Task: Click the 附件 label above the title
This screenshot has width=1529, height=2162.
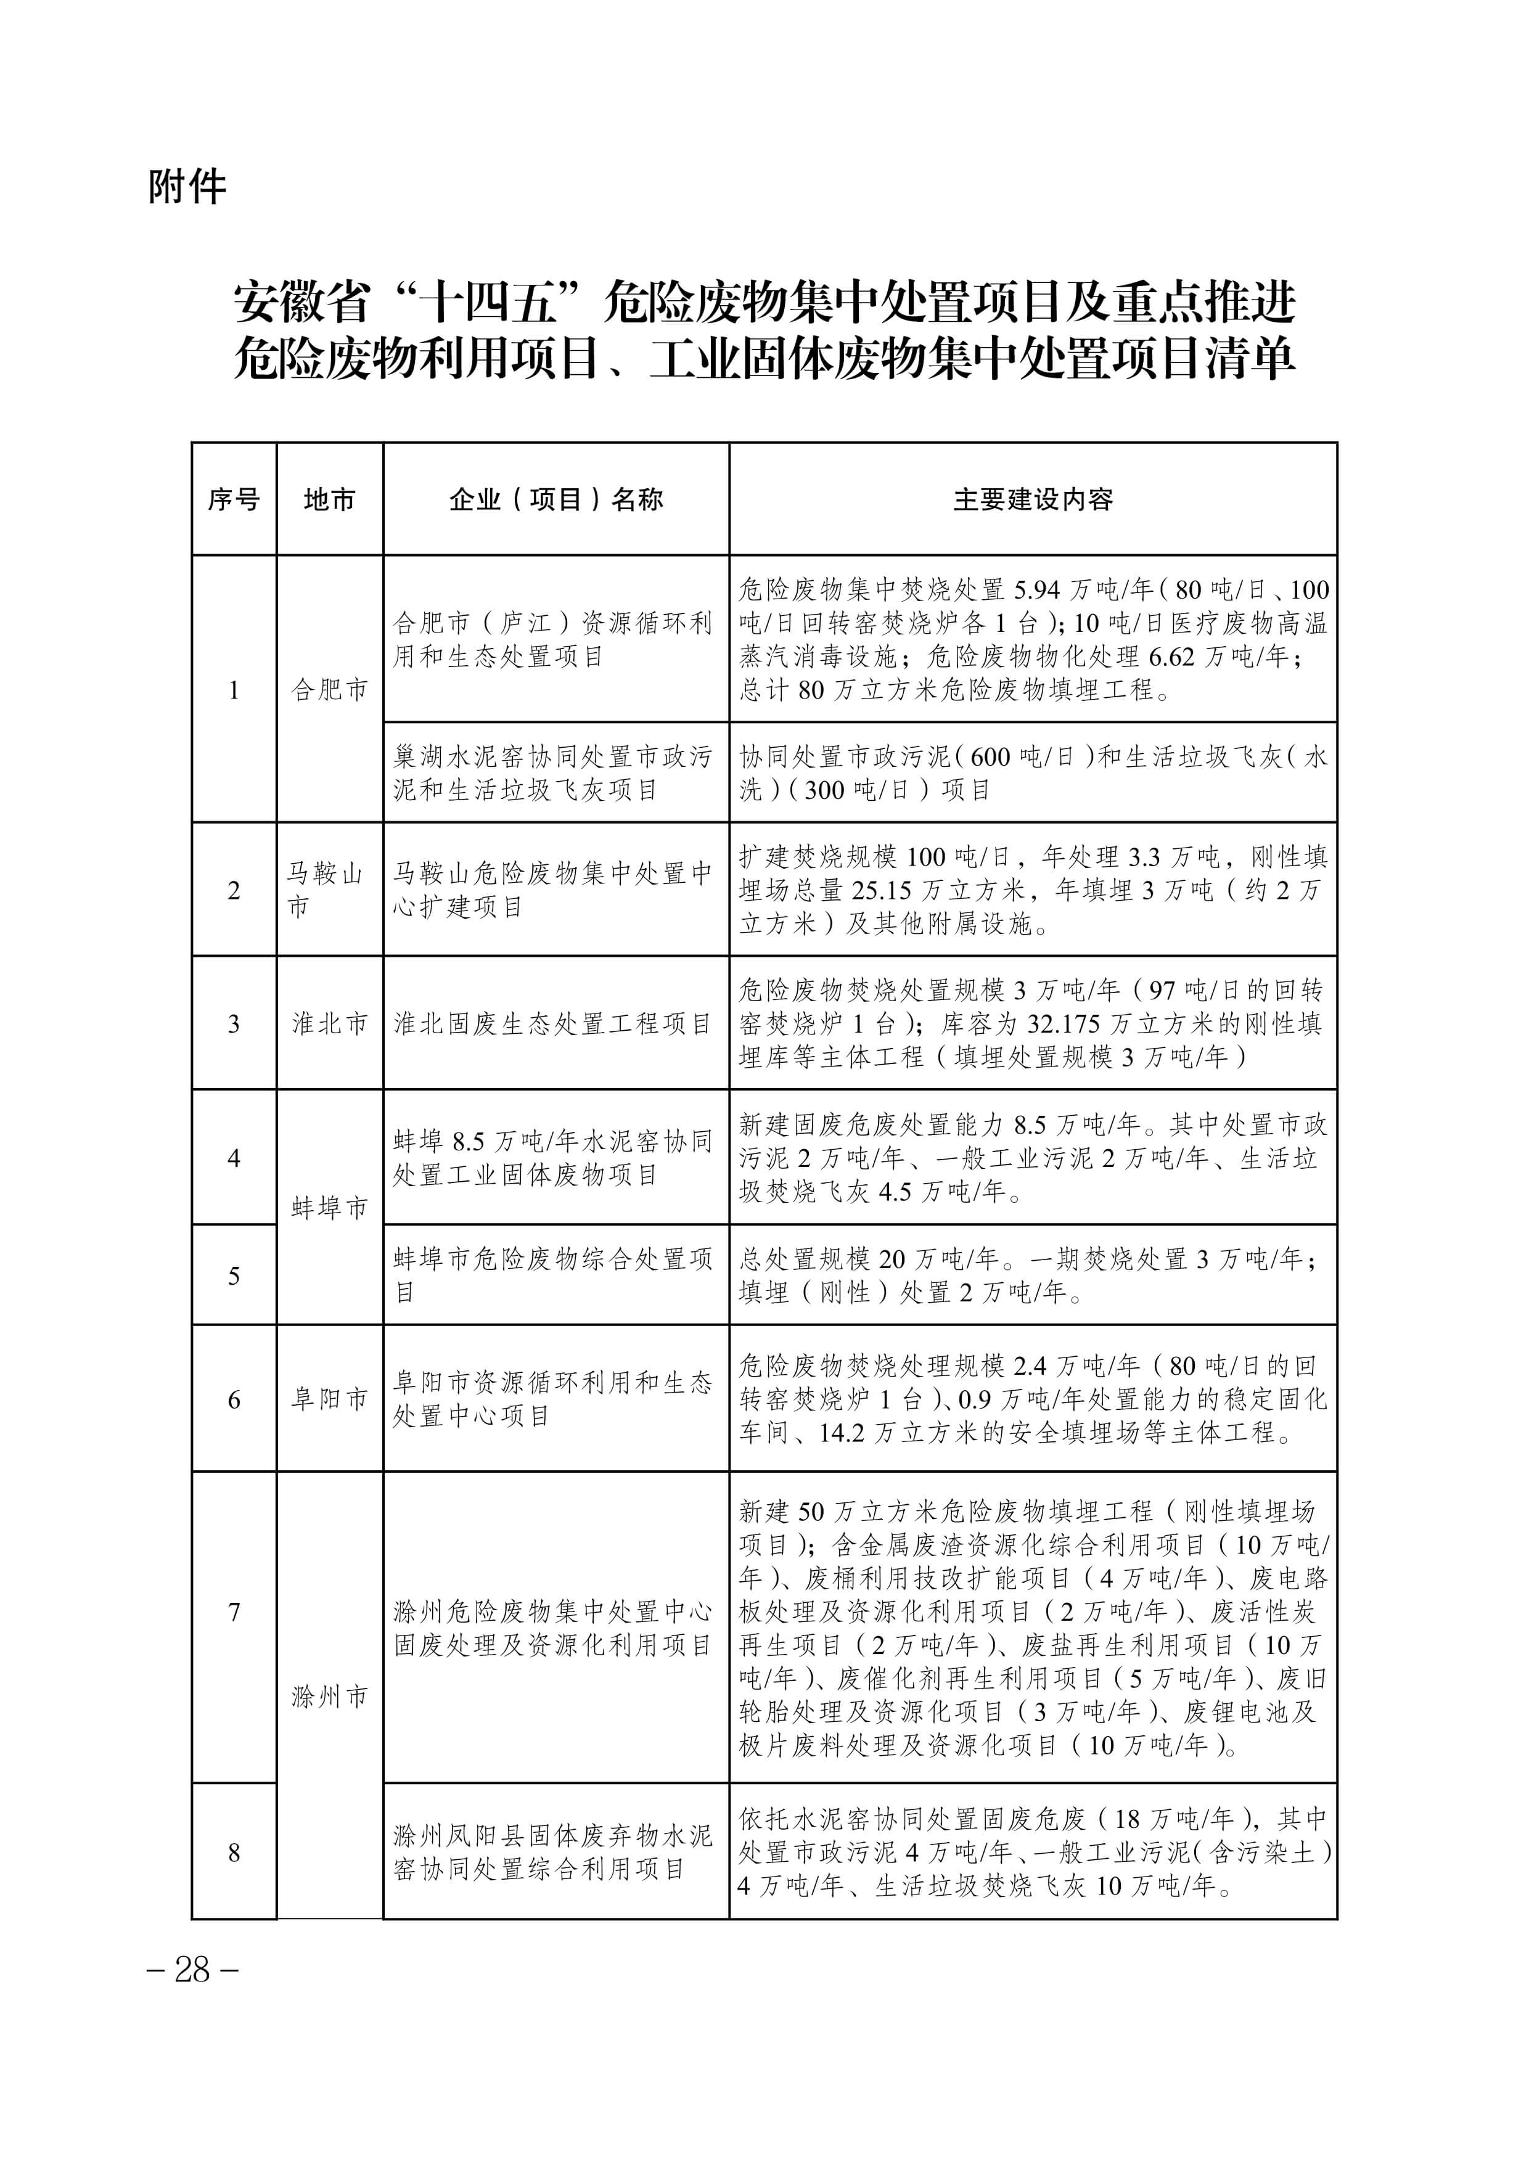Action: tap(187, 186)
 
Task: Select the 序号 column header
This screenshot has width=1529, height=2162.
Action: tap(234, 499)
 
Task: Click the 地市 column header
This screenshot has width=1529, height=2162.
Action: tap(329, 499)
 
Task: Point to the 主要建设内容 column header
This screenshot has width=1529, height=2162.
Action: tap(1033, 499)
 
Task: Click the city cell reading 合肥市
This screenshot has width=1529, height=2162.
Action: tap(329, 690)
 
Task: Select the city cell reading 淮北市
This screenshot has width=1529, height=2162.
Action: tap(329, 1023)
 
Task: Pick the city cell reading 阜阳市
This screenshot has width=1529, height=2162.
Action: tap(329, 1399)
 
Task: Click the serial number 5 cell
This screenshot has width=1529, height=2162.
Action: tap(234, 1276)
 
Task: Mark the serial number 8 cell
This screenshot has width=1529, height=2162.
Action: tap(234, 1853)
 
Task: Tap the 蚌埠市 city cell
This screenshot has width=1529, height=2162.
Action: tap(329, 1208)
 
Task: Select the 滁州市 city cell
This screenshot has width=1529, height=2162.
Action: tap(329, 1697)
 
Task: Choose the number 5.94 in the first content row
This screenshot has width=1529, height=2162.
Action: tap(1036, 591)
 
